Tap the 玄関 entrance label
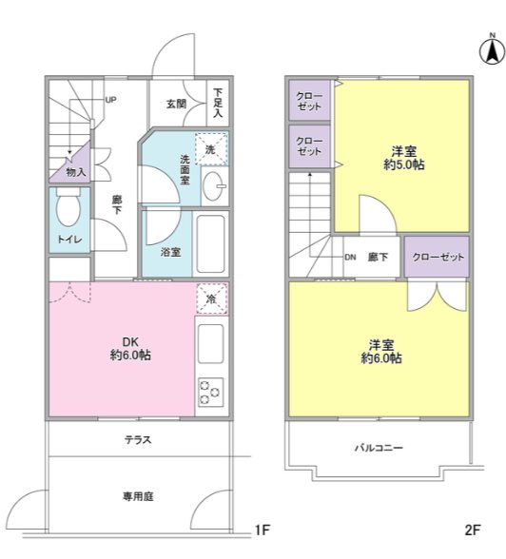pyautogui.click(x=175, y=103)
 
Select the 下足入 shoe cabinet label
pyautogui.click(x=218, y=102)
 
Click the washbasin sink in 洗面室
pyautogui.click(x=214, y=183)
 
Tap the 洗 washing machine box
pyautogui.click(x=212, y=148)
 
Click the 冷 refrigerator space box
pyautogui.click(x=211, y=299)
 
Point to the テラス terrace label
pyautogui.click(x=138, y=440)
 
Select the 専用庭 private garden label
pyautogui.click(x=138, y=495)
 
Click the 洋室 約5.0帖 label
pyautogui.click(x=403, y=158)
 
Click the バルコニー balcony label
pyautogui.click(x=379, y=447)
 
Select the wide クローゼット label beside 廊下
pyautogui.click(x=437, y=257)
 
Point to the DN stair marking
pyautogui.click(x=350, y=257)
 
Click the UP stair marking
pyautogui.click(x=111, y=99)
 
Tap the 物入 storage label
pyautogui.click(x=76, y=172)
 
